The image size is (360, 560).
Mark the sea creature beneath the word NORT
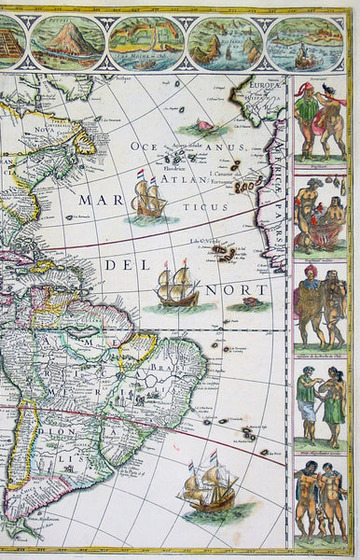tap(253, 306)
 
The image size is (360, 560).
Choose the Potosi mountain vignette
tap(67, 40)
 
